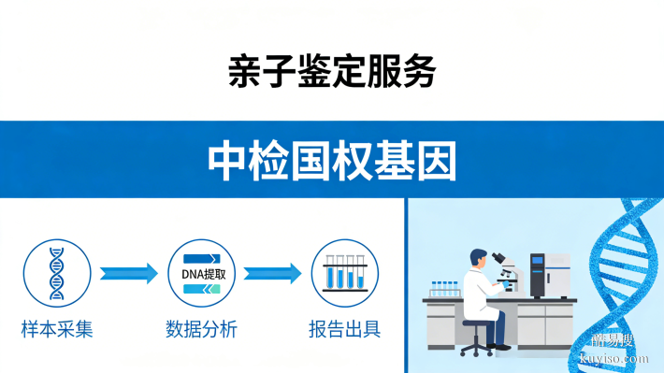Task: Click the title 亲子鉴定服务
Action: [x=331, y=71]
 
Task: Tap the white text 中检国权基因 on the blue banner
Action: [x=332, y=160]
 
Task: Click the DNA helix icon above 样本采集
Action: [x=57, y=272]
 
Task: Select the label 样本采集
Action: [x=57, y=330]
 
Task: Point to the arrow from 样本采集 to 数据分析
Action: [x=128, y=273]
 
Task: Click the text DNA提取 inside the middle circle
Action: [x=201, y=273]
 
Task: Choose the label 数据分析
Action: [x=201, y=330]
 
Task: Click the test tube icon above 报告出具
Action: [x=345, y=273]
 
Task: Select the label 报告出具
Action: [x=345, y=330]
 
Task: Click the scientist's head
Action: [x=479, y=257]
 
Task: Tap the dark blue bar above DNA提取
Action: [x=201, y=256]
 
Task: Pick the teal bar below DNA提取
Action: [x=201, y=290]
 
